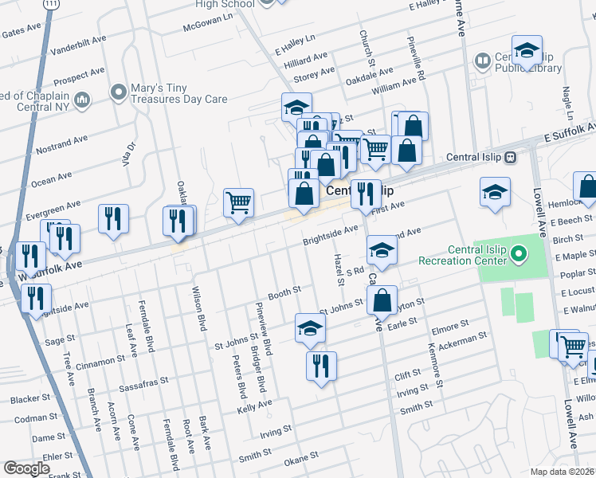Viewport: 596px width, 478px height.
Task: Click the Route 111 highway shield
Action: point(51,4)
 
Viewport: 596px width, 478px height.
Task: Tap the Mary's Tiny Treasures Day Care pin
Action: point(120,93)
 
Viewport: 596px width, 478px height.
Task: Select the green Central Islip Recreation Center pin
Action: point(519,255)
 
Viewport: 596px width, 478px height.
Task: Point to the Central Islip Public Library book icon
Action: point(483,61)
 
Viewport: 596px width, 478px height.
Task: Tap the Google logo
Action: point(26,468)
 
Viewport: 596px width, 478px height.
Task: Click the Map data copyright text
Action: point(563,472)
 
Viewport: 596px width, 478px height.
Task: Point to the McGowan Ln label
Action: point(208,27)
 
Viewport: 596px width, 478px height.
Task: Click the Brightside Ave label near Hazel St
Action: point(330,233)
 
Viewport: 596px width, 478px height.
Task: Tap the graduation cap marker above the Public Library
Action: point(527,51)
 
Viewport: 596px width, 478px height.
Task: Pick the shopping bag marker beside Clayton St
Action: point(382,301)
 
